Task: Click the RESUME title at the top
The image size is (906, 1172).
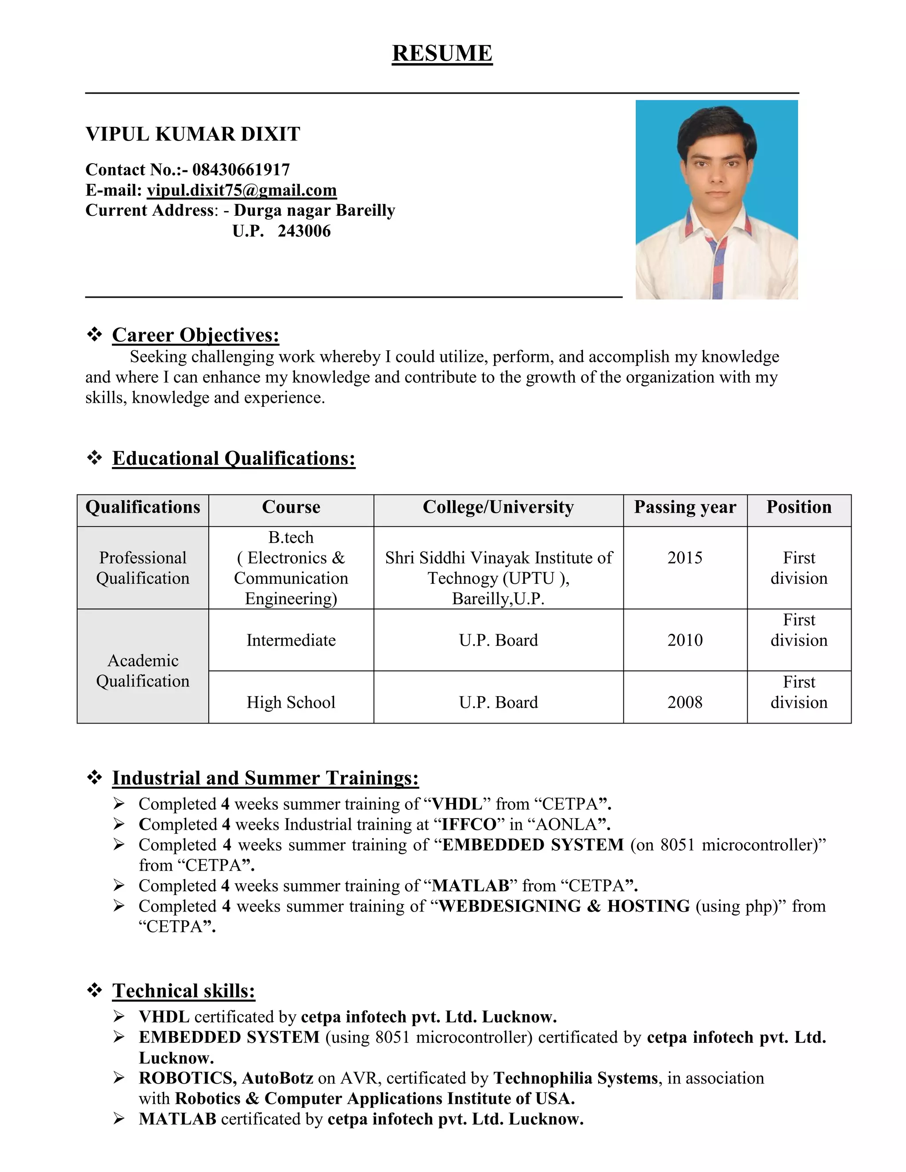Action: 442,53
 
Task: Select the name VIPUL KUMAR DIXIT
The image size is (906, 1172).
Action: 193,134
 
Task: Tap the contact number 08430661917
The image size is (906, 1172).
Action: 241,169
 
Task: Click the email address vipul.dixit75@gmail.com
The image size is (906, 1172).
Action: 242,190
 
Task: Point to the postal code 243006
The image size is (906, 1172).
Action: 304,231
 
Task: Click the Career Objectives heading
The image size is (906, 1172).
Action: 196,335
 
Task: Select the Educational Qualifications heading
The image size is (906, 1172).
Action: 234,458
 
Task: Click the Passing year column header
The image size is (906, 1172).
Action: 685,507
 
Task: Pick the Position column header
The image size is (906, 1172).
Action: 799,507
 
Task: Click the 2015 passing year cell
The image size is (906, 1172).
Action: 685,558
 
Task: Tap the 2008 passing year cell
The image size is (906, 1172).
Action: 685,702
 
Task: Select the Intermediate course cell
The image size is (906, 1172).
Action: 291,640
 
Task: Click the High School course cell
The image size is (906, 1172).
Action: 291,702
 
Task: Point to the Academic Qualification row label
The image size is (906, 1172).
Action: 143,671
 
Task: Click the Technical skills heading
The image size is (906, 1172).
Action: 184,991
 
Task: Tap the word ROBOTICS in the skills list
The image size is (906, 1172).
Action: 186,1078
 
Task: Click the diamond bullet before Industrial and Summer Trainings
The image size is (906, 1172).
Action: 95,777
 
